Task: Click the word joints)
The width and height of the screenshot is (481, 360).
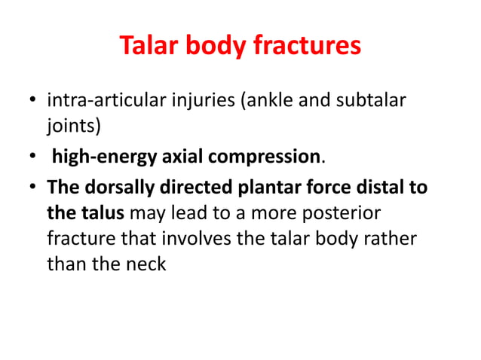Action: [x=73, y=126]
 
